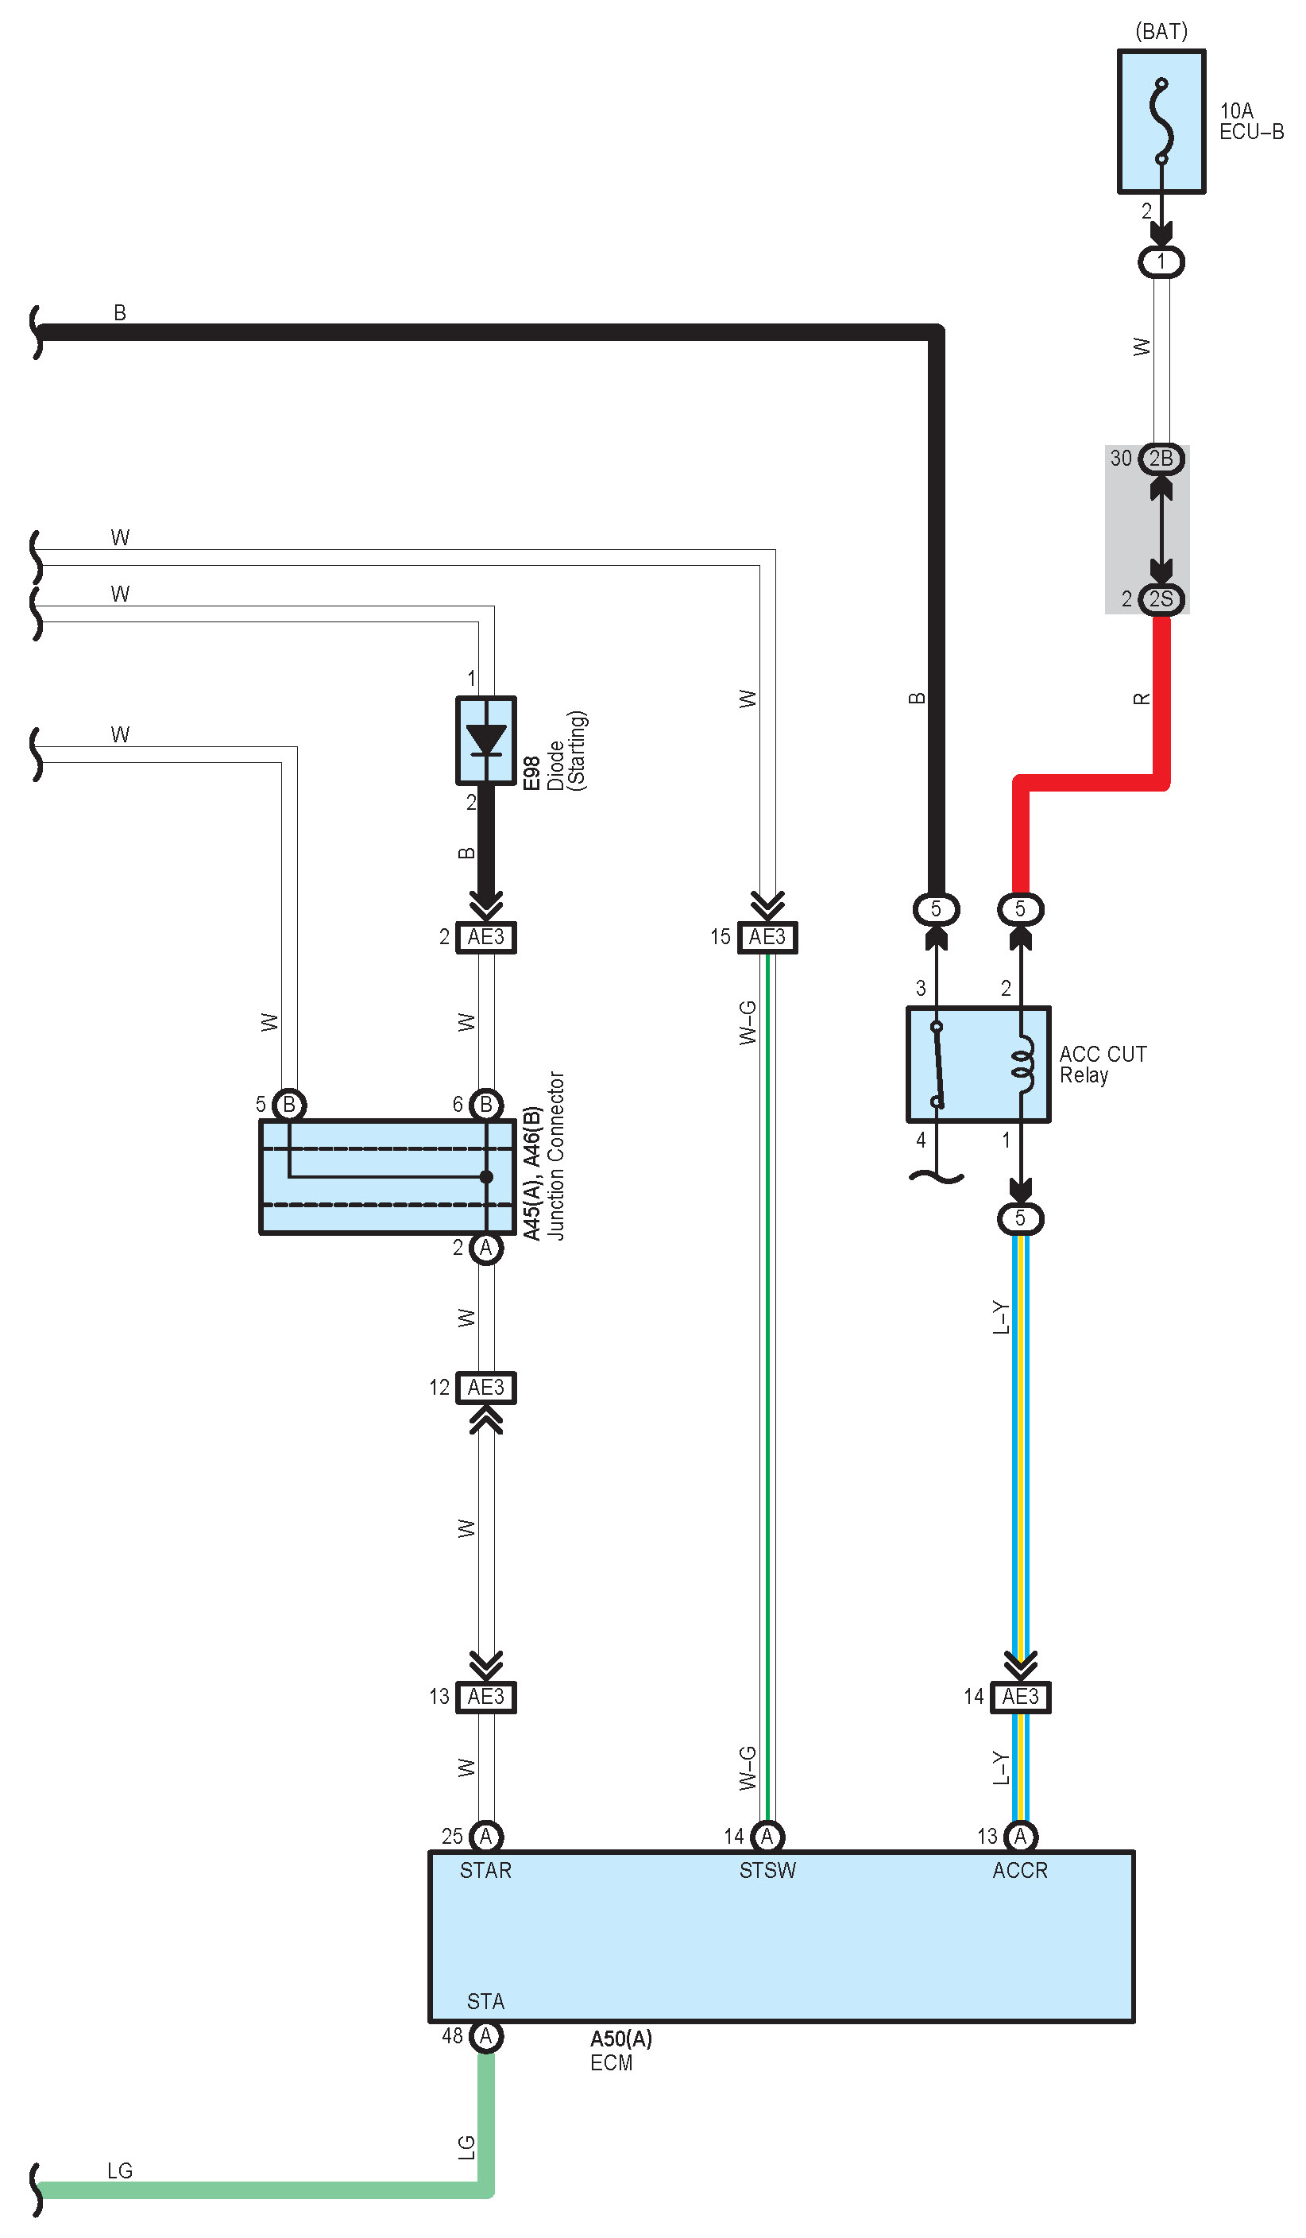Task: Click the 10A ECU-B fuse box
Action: click(x=1161, y=122)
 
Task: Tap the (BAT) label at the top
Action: click(x=1161, y=32)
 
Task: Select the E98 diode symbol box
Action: click(x=485, y=740)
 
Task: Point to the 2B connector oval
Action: click(x=1161, y=459)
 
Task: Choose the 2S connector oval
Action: click(x=1161, y=598)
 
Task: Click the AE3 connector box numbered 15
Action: click(x=767, y=937)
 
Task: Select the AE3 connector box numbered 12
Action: click(x=485, y=1387)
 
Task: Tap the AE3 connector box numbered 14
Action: click(x=1020, y=1696)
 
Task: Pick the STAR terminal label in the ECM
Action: click(x=485, y=1870)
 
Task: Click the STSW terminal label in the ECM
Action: click(x=767, y=1870)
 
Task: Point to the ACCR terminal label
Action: click(x=1020, y=1870)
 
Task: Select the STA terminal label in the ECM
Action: click(x=485, y=2001)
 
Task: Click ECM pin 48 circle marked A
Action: click(x=485, y=2035)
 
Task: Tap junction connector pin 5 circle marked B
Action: click(x=288, y=1105)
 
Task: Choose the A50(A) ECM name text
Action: click(x=620, y=2039)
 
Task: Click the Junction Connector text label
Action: click(x=556, y=1156)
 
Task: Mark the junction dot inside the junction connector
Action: click(x=485, y=1177)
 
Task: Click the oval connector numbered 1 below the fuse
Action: click(x=1161, y=262)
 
